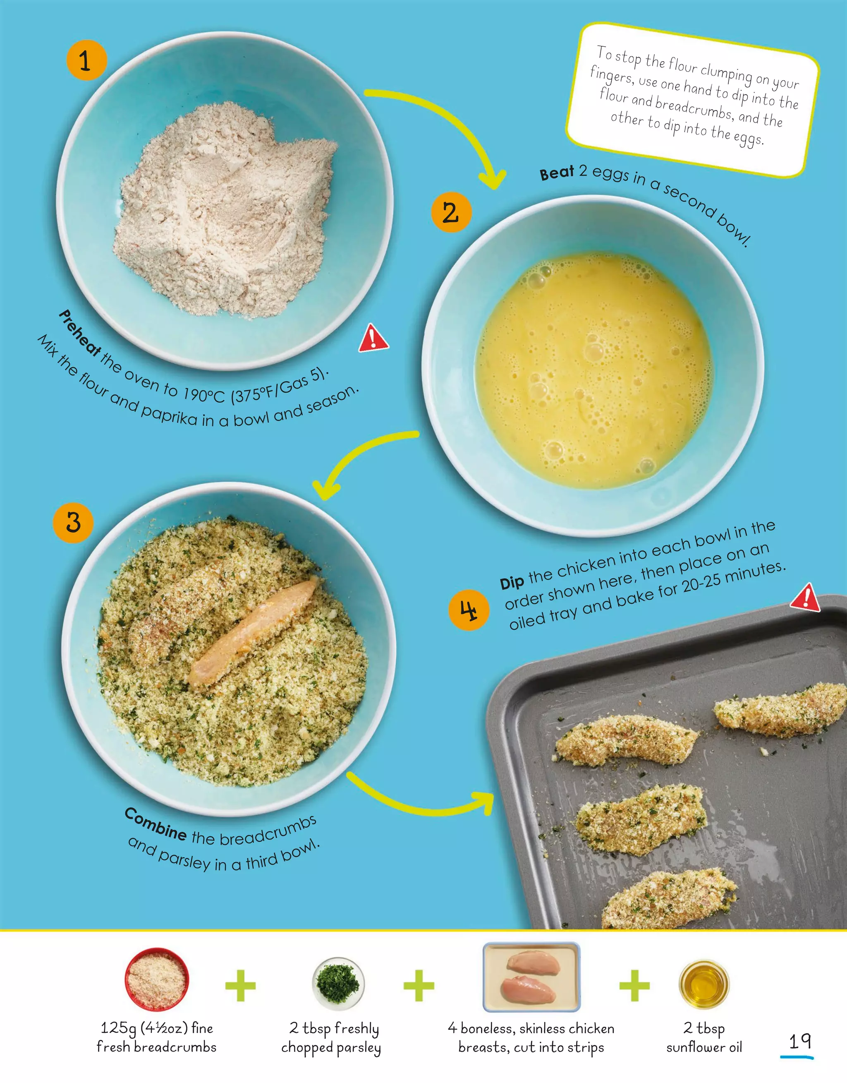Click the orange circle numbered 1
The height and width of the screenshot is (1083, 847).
point(87,60)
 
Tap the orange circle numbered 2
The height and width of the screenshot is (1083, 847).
point(451,212)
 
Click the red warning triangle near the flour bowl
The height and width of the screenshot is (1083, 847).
point(373,340)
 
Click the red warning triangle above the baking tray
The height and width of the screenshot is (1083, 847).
point(805,598)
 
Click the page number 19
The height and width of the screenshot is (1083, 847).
point(799,1041)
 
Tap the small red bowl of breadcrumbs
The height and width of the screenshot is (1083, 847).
point(157,980)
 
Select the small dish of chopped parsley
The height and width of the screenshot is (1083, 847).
point(338,983)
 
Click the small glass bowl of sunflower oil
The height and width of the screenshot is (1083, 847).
point(703,984)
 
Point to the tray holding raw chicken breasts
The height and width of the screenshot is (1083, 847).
point(531,977)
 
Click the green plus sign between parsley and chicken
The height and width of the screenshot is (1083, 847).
point(419,985)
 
